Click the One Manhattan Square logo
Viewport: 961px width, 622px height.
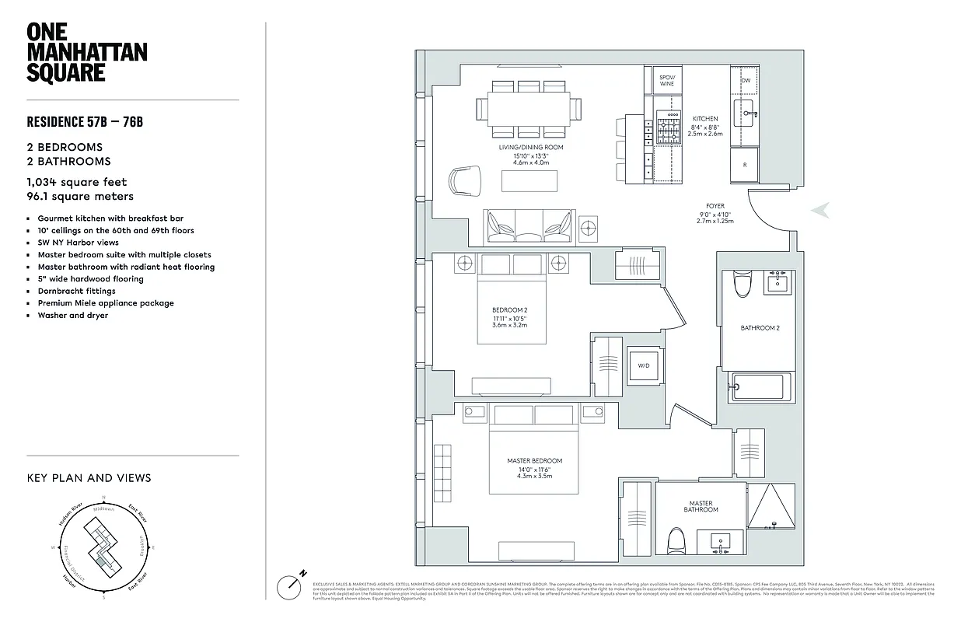(x=86, y=52)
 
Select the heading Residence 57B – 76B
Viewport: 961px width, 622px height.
(x=86, y=122)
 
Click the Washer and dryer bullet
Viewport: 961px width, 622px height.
(x=72, y=315)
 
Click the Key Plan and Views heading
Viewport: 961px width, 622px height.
(x=89, y=478)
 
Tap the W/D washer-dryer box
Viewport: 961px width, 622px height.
(x=644, y=365)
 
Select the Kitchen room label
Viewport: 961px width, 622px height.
(x=705, y=119)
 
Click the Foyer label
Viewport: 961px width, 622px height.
(x=715, y=207)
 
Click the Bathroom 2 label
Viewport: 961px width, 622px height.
(x=760, y=328)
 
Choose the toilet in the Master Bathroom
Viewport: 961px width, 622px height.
(x=676, y=537)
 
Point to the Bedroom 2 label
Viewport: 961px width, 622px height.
(x=509, y=310)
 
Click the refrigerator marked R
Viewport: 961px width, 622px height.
(x=744, y=165)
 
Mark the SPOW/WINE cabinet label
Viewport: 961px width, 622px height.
(x=667, y=80)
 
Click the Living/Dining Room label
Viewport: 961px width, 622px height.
(x=531, y=147)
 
